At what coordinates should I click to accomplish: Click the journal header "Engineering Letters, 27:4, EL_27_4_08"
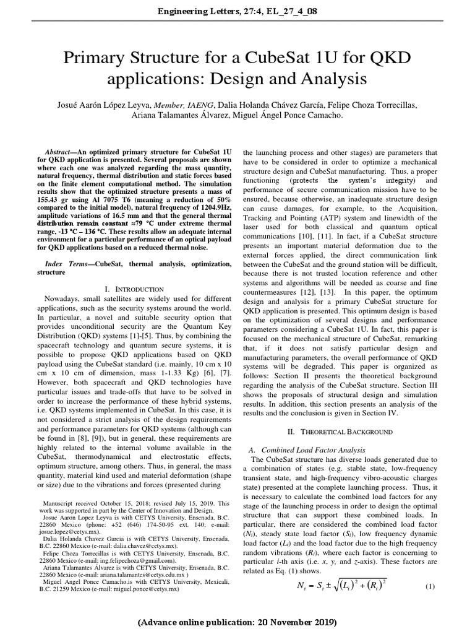tap(238, 12)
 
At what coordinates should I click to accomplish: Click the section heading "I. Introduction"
tap(135, 289)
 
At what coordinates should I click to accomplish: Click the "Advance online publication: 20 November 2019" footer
tap(238, 621)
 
